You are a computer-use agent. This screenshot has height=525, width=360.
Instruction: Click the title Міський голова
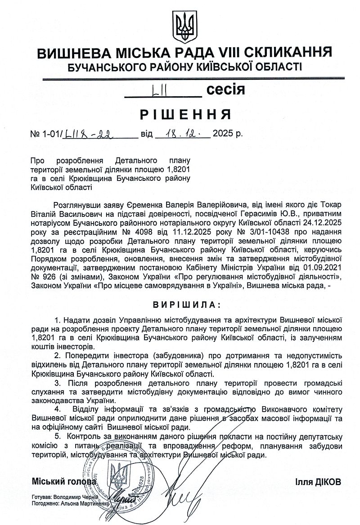(64, 481)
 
